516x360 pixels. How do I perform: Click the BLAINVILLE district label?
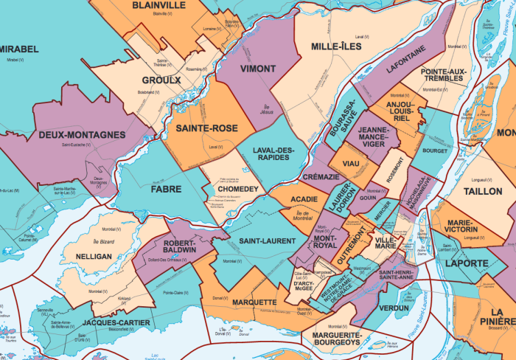(x=159, y=5)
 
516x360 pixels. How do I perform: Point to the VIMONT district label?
(x=257, y=69)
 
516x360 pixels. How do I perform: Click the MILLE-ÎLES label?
(x=335, y=46)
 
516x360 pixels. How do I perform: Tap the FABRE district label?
(x=167, y=189)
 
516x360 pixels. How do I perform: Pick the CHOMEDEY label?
(x=237, y=190)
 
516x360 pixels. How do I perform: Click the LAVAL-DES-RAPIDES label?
(x=273, y=155)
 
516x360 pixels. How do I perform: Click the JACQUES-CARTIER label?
(x=116, y=323)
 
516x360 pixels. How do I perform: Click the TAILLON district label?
(x=483, y=191)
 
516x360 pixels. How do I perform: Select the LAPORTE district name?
(x=465, y=263)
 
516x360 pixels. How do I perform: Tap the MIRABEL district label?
(x=19, y=49)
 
